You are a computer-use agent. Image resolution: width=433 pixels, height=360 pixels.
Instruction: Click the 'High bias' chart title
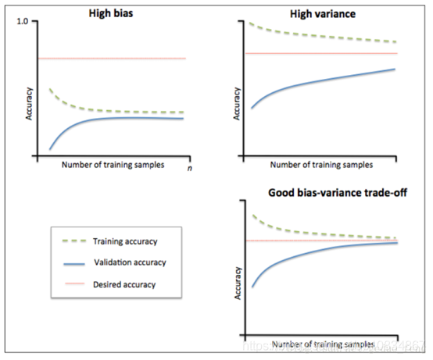pyautogui.click(x=109, y=13)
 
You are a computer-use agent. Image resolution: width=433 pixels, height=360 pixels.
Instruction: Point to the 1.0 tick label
pyautogui.click(x=22, y=23)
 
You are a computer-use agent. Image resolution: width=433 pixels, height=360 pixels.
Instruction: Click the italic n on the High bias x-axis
pyautogui.click(x=189, y=167)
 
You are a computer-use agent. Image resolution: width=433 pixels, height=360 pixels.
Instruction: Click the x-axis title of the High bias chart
pyautogui.click(x=111, y=165)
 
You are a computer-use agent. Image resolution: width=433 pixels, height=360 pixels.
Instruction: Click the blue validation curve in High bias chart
pyautogui.click(x=117, y=117)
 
